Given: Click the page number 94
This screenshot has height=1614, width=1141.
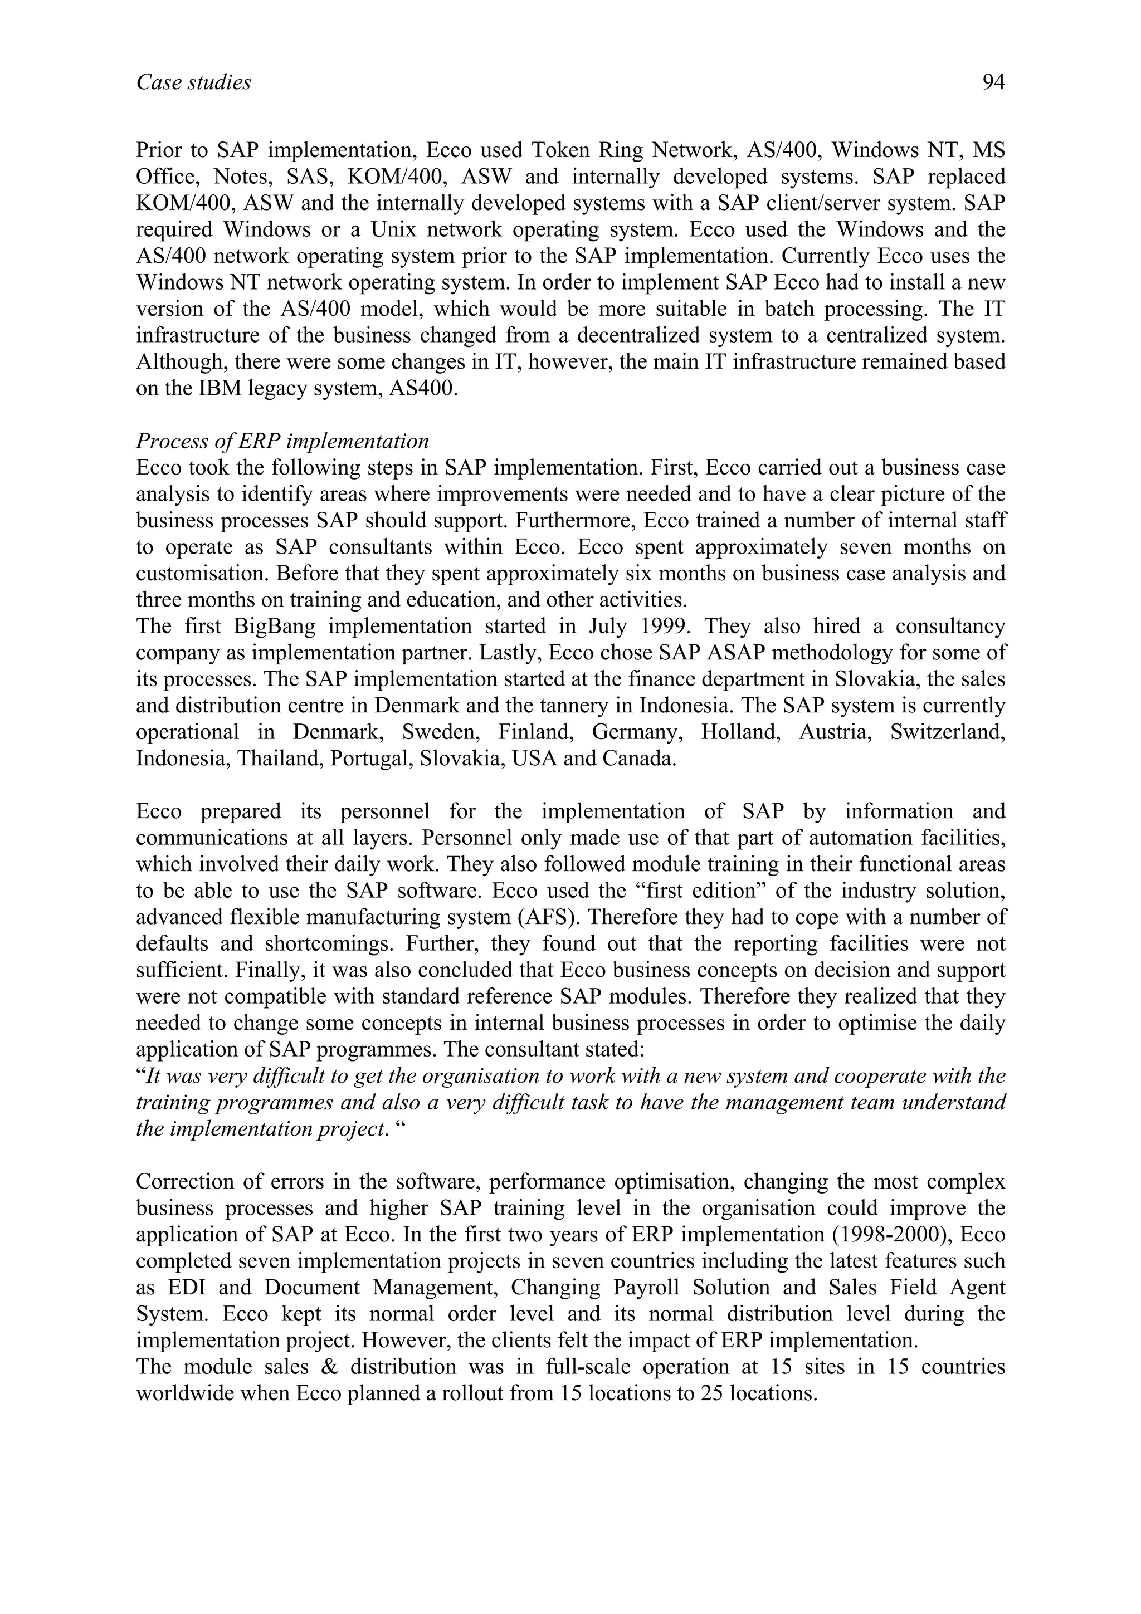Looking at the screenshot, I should pos(993,83).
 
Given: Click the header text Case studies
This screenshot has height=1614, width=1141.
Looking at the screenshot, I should pos(193,83).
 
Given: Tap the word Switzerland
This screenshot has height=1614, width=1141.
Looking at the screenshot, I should pos(947,732).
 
